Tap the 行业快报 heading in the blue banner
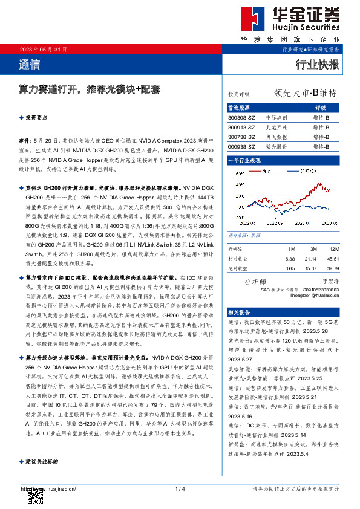coord(317,64)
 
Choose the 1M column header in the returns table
coord(290,249)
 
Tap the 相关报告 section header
coord(239,311)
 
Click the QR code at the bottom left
coord(35,496)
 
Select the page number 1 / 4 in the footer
coord(180,488)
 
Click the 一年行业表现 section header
coord(244,160)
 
